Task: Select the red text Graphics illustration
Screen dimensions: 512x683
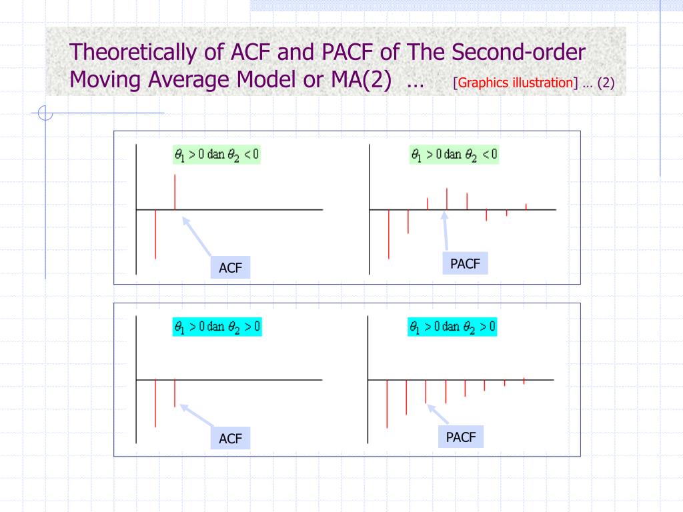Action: pos(516,83)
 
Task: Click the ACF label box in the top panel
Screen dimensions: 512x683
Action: pos(230,268)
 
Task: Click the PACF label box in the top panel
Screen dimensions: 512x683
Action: pos(465,263)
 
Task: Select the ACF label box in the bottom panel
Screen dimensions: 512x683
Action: pos(230,439)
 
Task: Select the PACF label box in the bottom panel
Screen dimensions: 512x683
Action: pos(461,437)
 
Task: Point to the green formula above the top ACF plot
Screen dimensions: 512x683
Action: pos(217,155)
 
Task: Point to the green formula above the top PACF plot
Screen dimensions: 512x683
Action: pos(454,155)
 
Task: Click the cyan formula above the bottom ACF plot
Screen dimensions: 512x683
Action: pos(217,327)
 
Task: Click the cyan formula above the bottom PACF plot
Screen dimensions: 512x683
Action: pos(452,327)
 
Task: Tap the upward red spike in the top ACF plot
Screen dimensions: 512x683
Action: pos(175,192)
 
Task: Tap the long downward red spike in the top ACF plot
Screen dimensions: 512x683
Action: pos(155,233)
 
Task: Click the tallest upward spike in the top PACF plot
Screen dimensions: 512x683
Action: pos(447,199)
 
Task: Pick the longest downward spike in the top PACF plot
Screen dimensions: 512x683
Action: pos(388,233)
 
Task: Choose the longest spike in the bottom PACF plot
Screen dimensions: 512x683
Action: pos(387,403)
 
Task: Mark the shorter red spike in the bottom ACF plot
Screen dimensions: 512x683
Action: pos(175,393)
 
